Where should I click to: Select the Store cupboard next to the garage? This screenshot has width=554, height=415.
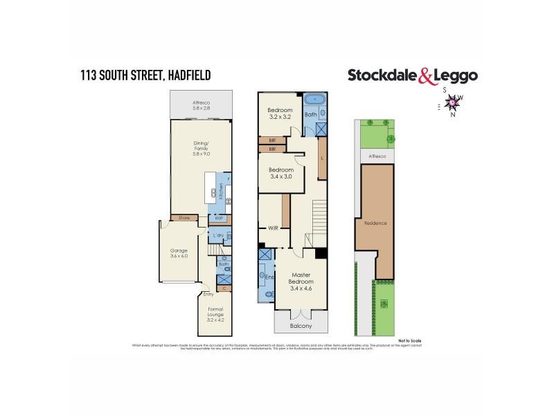point(184,219)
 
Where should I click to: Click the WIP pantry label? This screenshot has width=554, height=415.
point(218,219)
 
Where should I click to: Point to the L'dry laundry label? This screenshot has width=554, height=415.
point(218,237)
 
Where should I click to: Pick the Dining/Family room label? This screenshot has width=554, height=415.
point(202,147)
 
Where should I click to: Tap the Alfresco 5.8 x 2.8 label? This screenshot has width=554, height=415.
point(202,106)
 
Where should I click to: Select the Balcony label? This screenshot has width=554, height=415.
point(301,325)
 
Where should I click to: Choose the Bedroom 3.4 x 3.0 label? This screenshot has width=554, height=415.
point(282,173)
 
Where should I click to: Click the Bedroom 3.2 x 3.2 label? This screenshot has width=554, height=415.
point(281,113)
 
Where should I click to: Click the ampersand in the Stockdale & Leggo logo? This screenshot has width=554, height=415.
point(425,76)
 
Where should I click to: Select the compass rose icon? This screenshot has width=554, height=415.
point(453,103)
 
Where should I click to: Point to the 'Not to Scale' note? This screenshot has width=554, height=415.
point(410,340)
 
